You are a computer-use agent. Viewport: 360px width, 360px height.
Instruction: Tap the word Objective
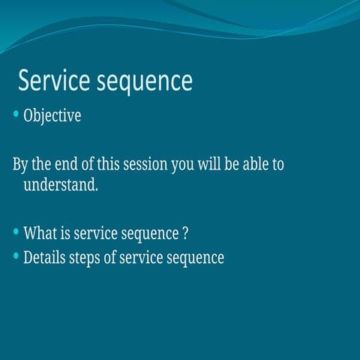pos(52,117)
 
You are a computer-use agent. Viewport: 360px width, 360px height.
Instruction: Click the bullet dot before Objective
pos(16,115)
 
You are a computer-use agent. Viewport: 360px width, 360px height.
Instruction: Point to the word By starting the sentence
pos(21,165)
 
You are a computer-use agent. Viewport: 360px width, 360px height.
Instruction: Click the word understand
pos(61,184)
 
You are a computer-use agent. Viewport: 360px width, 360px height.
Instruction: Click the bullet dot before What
pos(16,232)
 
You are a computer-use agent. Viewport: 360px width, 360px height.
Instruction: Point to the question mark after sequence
pos(184,233)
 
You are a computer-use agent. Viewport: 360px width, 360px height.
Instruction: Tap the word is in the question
pos(64,233)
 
